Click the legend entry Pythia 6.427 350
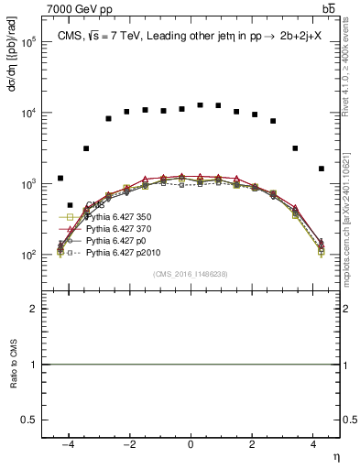tap(115, 217)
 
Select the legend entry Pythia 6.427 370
tap(115, 228)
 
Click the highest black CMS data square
tap(200, 104)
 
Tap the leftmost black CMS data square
tap(60, 178)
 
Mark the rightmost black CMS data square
tap(321, 169)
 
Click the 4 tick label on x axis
tap(313, 444)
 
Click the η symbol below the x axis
tap(335, 455)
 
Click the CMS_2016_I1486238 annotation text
tap(190, 274)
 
